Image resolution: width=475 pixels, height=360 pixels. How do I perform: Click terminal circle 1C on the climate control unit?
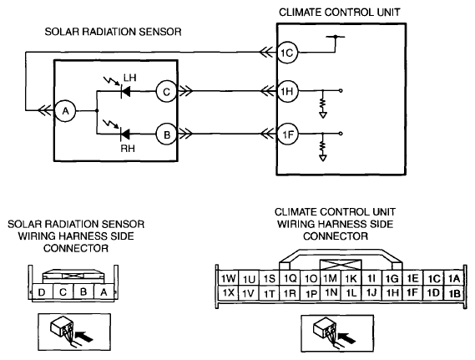(x=287, y=53)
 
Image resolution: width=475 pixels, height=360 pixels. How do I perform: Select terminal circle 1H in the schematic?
(x=287, y=91)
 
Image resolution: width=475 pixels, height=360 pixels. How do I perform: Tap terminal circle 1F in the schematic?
(x=287, y=134)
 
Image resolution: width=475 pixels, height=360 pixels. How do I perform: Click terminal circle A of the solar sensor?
(x=65, y=111)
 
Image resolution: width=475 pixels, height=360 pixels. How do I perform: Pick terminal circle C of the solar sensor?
(x=167, y=92)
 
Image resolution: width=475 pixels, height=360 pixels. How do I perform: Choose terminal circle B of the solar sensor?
(x=167, y=134)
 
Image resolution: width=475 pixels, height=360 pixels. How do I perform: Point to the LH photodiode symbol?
(x=125, y=91)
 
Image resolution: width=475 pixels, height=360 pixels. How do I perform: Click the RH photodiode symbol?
(x=125, y=134)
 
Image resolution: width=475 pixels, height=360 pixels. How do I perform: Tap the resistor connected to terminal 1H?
(x=322, y=104)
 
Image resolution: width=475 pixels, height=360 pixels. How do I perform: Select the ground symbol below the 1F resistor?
(x=322, y=158)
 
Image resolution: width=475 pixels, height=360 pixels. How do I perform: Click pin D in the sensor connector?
(x=42, y=292)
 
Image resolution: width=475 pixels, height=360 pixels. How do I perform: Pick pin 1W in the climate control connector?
(x=228, y=278)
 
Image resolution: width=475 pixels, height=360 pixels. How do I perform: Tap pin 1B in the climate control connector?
(x=454, y=293)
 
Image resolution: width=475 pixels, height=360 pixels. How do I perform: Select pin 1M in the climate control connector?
(x=331, y=278)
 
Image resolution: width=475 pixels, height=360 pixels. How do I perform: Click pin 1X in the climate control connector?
(x=228, y=293)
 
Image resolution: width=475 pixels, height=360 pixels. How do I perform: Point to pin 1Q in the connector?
(x=290, y=278)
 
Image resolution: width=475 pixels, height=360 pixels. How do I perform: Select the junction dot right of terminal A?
(x=97, y=111)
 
